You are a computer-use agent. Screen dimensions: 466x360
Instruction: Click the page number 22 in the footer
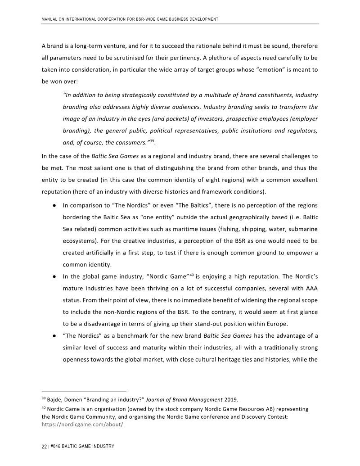(x=44, y=446)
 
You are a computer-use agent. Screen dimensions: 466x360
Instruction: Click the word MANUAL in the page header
(x=49, y=19)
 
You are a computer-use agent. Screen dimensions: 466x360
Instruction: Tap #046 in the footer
(x=56, y=446)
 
